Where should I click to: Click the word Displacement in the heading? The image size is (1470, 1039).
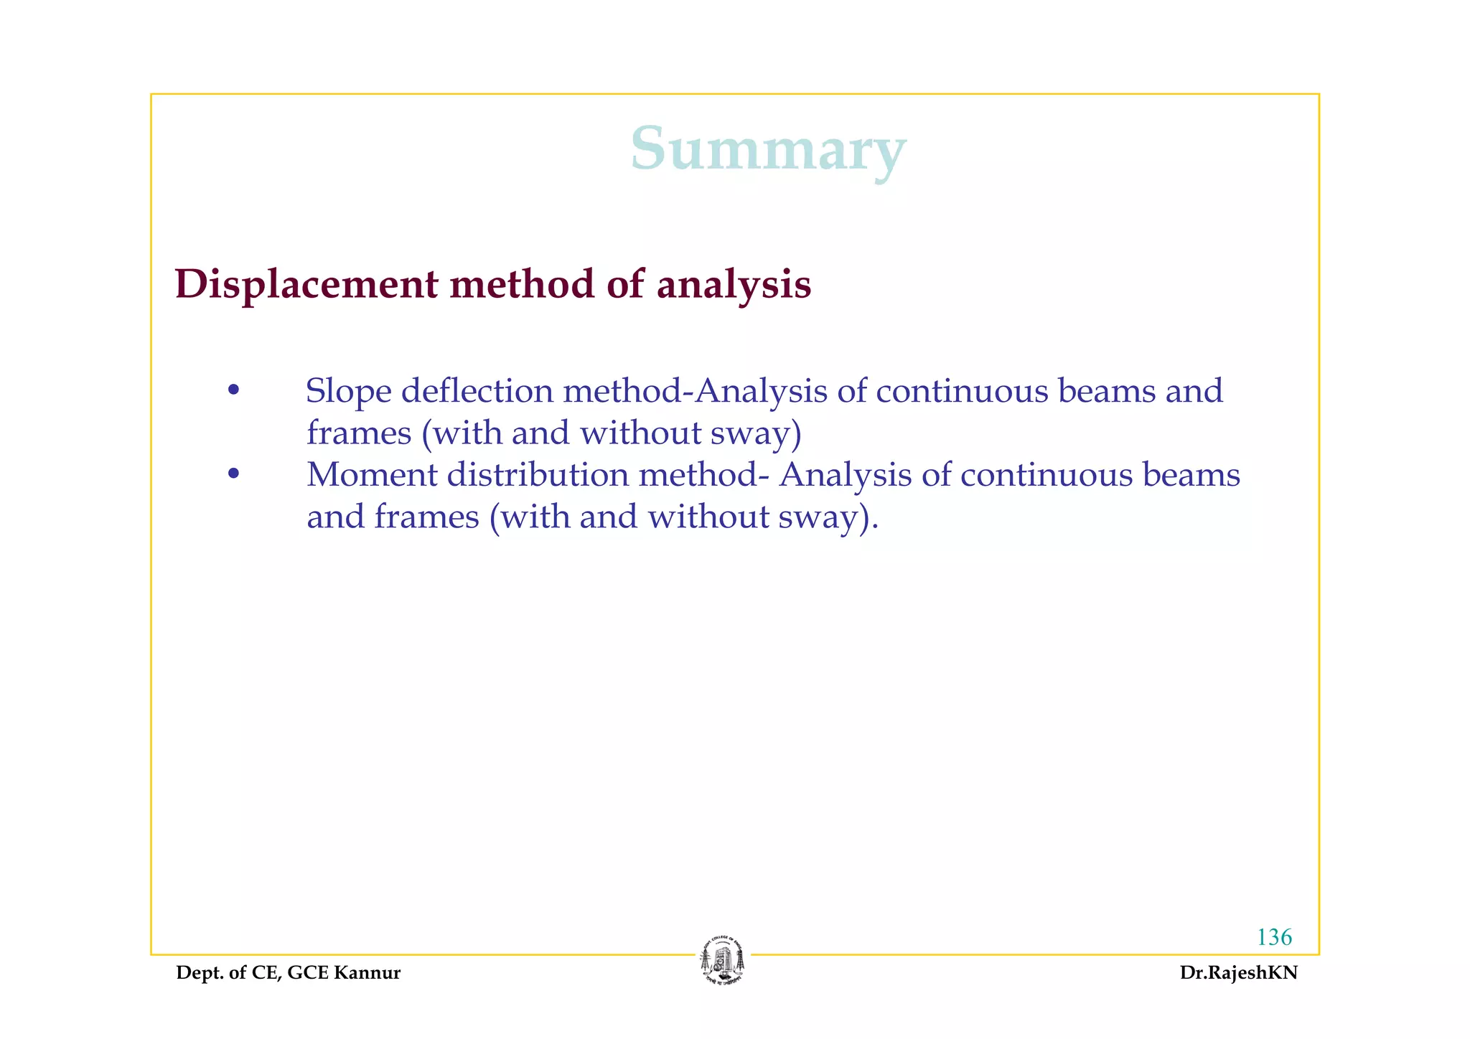click(x=306, y=284)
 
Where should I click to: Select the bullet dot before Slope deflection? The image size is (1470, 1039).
click(x=233, y=391)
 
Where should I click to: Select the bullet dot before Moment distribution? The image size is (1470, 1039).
click(x=233, y=474)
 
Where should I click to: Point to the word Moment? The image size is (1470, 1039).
click(x=371, y=475)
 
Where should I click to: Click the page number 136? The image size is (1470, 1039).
click(x=1274, y=937)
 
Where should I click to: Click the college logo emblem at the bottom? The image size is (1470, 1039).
click(x=723, y=962)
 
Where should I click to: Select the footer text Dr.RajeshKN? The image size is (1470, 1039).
click(x=1238, y=973)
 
